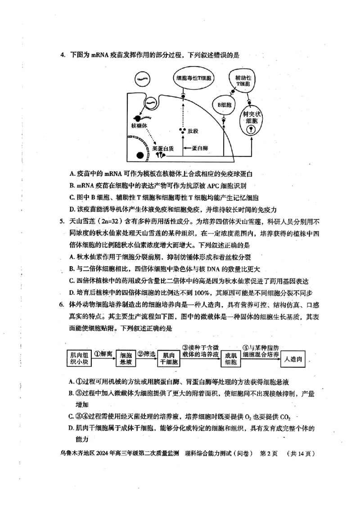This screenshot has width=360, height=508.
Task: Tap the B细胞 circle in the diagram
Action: pyautogui.click(x=225, y=105)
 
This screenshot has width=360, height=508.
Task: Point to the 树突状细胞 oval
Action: pyautogui.click(x=252, y=119)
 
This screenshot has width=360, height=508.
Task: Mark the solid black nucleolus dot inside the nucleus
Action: pyautogui.click(x=140, y=156)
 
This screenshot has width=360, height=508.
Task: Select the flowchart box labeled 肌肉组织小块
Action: pyautogui.click(x=78, y=358)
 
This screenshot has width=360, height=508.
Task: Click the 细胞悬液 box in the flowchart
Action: pyautogui.click(x=126, y=358)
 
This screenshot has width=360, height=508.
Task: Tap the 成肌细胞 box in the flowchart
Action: pyautogui.click(x=231, y=358)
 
